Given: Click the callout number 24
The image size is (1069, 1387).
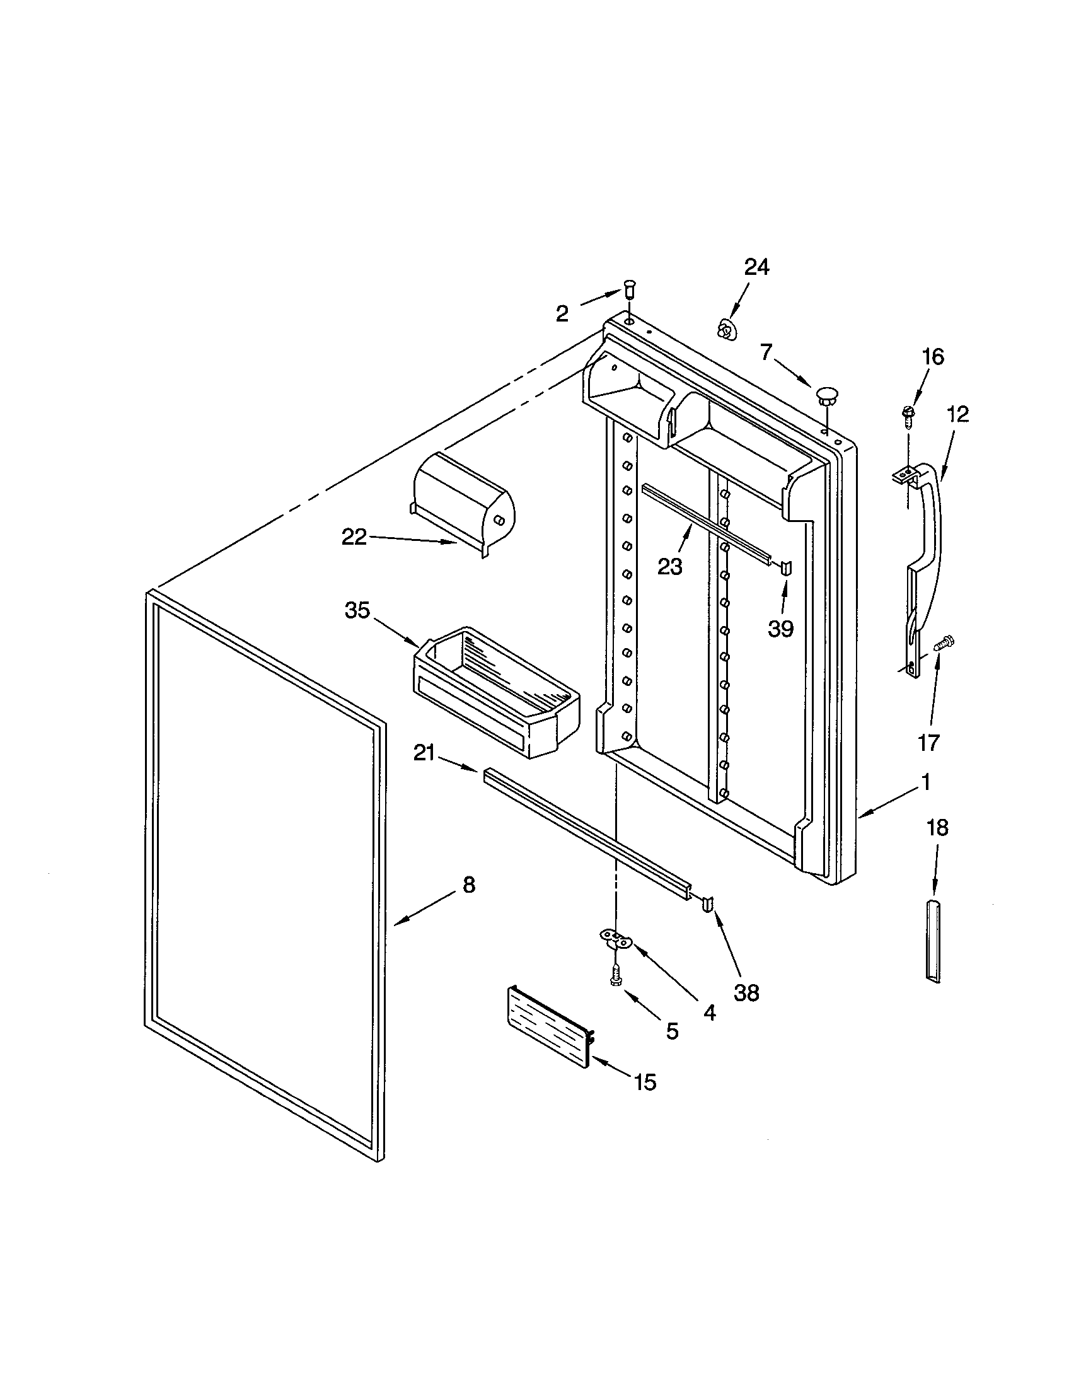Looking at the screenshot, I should point(756,267).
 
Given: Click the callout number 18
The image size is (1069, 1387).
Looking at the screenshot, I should point(938,828).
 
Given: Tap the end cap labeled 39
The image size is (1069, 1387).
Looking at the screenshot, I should point(786,567).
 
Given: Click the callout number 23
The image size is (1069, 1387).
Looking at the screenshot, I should point(669,566).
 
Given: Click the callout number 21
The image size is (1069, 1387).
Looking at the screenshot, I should point(424,753).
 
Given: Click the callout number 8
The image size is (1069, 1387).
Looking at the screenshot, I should point(468,885).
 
